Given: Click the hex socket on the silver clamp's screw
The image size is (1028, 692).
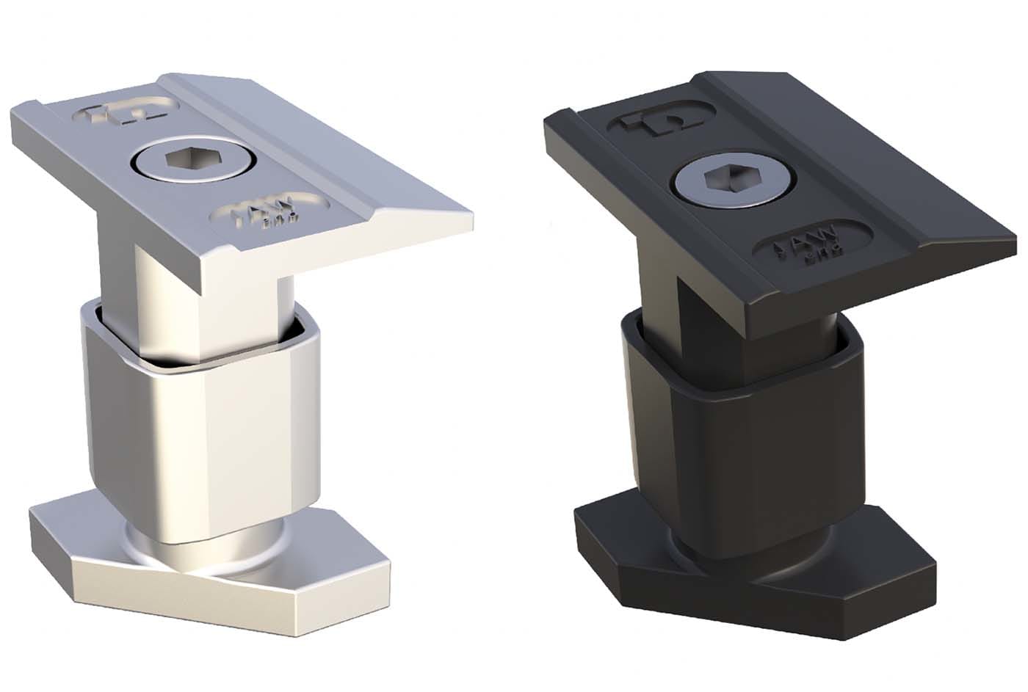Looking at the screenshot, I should pyautogui.click(x=193, y=160).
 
